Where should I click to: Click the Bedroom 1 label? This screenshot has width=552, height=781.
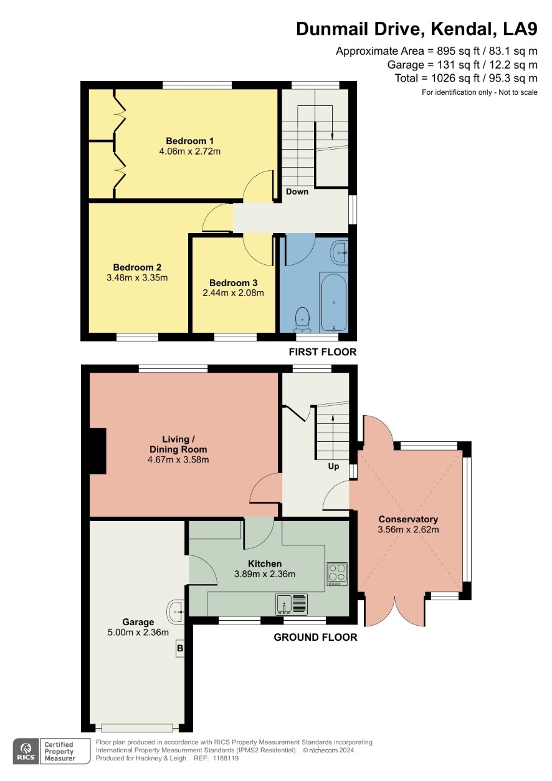189,141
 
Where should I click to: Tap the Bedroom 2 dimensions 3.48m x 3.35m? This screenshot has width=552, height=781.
137,278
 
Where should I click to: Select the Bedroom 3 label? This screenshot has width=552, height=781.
233,283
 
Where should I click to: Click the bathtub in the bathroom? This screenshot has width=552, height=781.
333,302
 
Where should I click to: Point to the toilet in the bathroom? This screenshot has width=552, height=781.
302,319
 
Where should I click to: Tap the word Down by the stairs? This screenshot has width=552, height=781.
297,192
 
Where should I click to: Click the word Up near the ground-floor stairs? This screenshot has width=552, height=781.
333,466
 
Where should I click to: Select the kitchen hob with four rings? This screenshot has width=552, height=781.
337,574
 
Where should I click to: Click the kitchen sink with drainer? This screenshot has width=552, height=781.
292,604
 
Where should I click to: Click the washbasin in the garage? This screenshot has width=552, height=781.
176,611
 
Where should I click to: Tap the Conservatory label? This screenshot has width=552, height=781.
408,519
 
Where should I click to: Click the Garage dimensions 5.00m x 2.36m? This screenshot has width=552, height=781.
138,633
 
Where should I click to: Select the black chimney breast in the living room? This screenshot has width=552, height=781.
98,451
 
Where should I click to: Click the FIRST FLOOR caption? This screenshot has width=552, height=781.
323,352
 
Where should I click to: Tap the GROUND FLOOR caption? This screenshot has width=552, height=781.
315,638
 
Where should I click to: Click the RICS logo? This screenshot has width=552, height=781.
27,751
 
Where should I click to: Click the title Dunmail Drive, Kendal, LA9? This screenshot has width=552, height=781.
416,29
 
